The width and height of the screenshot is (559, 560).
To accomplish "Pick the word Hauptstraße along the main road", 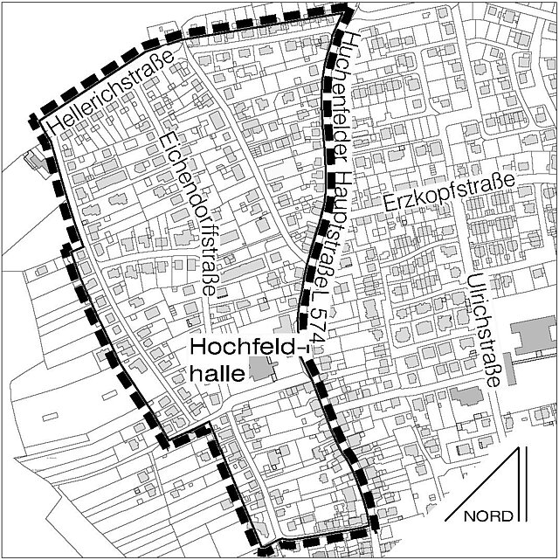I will (x=331, y=210).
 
